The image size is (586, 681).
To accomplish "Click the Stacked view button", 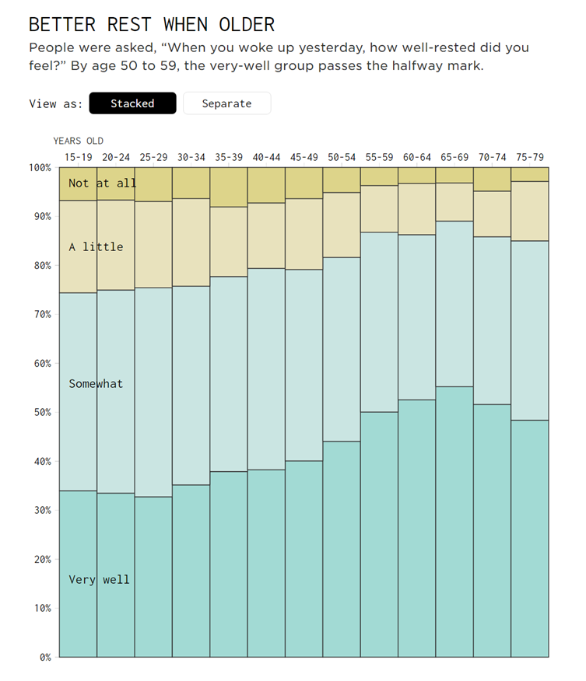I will [x=132, y=103].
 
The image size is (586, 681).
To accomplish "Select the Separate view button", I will [x=226, y=103].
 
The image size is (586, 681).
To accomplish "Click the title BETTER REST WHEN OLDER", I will [x=152, y=24].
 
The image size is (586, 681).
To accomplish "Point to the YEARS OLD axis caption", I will [x=78, y=141].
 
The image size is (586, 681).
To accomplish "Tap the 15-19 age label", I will [x=78, y=157].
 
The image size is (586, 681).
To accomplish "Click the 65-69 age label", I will [x=454, y=157].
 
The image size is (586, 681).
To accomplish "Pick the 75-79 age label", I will [x=530, y=157].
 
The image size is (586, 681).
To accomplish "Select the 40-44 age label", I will [x=266, y=157].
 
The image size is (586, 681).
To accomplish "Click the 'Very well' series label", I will [x=99, y=580].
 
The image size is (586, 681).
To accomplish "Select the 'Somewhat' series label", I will [x=96, y=384].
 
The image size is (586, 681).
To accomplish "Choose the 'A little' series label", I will [x=96, y=247].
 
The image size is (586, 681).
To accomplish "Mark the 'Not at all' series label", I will [x=102, y=183].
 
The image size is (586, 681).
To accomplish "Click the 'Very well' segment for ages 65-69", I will [x=454, y=521].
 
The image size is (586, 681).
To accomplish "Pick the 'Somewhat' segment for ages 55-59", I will [x=379, y=322].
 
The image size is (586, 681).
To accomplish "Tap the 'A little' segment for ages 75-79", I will [x=530, y=211].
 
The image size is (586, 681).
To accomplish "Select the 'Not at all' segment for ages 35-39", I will [x=229, y=187].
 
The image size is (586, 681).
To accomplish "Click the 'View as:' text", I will [x=55, y=103].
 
